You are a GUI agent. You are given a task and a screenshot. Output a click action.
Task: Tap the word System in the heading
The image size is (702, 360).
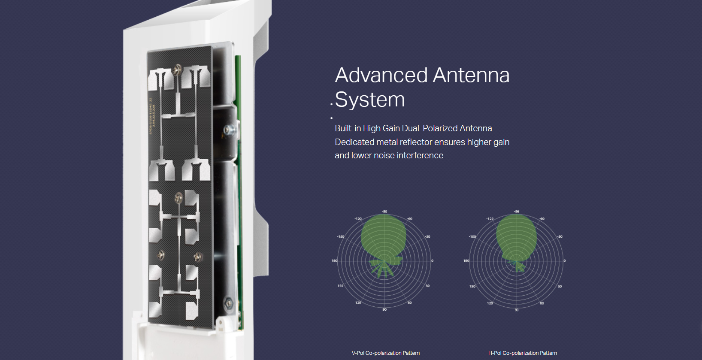pos(370,100)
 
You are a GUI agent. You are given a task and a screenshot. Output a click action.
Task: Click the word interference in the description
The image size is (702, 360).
pos(420,155)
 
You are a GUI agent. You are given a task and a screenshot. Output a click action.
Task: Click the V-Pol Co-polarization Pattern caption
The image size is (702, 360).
pos(385,353)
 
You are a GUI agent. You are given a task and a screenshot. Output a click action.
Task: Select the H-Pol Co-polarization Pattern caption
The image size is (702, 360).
pos(522,353)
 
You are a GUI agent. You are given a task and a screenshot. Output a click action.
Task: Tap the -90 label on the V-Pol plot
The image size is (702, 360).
pos(384,212)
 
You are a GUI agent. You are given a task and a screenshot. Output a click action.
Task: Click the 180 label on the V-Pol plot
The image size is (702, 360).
pos(334,261)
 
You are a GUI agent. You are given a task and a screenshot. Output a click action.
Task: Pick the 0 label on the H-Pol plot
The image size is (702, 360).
pos(564,261)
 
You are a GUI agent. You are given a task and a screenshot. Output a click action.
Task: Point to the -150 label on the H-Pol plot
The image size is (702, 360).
pos(472,236)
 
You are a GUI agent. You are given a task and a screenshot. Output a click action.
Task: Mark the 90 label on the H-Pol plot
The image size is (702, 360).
pos(516,310)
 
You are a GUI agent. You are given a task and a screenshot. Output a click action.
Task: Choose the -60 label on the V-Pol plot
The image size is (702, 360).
pos(410,219)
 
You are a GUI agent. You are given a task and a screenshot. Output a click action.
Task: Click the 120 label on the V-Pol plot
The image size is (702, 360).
pos(358,303)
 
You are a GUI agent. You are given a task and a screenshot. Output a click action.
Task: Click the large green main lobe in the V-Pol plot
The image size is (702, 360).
pos(383,236)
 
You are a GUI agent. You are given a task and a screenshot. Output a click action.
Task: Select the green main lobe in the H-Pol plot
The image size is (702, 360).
pos(516,236)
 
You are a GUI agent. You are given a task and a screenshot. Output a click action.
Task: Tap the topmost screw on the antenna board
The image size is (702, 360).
pos(178,68)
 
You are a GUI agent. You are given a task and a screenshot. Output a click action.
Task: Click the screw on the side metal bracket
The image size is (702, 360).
pos(232,128)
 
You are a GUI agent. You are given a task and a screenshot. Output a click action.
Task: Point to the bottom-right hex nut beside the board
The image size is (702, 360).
pos(229,303)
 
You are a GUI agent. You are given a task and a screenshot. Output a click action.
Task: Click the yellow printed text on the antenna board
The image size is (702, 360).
pos(151,116)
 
